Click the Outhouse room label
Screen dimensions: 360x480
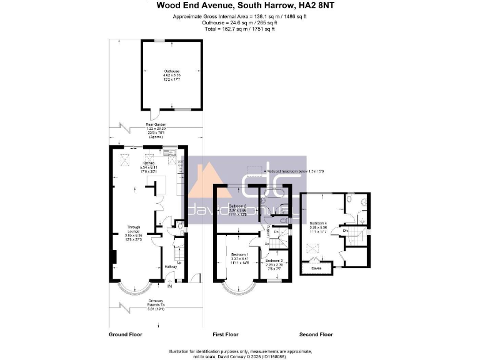pos(172,71)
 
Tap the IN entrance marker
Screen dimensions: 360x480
pos(169,286)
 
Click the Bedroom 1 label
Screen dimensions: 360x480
pos(239,255)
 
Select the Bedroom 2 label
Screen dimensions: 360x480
pos(237,206)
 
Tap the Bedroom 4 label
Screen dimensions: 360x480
pos(318,222)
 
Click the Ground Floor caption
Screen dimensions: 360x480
pos(124,334)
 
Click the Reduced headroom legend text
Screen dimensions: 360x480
pos(295,171)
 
